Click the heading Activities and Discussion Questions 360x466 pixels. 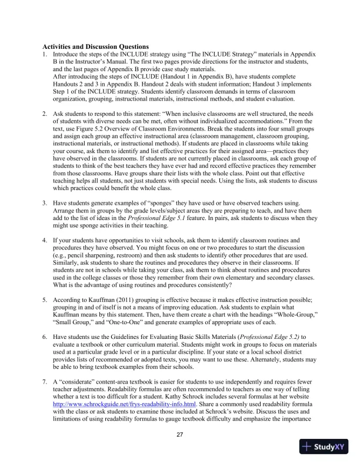pos(96,46)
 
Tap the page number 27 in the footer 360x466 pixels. pos(180,435)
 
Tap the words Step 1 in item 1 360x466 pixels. pos(61,102)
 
